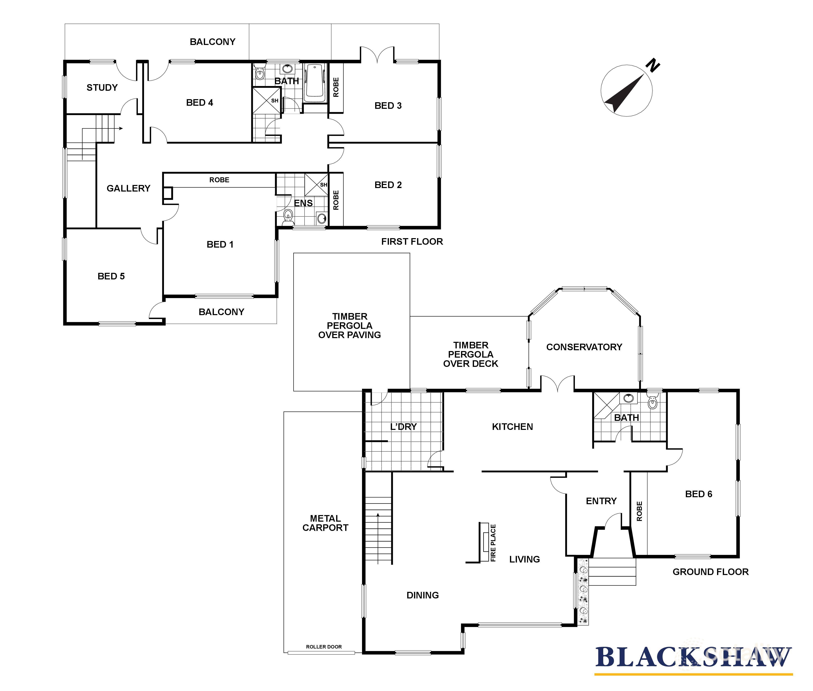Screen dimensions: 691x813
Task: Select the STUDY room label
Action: pos(102,87)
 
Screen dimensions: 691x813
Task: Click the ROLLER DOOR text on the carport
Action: pos(324,647)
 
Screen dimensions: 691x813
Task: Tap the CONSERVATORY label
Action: pos(584,347)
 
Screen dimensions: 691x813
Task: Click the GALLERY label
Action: pos(128,188)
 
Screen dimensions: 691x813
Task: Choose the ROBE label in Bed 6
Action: pos(639,511)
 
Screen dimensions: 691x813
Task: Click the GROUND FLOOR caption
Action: pos(710,572)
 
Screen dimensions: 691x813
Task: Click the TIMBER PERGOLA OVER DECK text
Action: pos(470,355)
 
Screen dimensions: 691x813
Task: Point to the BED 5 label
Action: pos(111,276)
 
